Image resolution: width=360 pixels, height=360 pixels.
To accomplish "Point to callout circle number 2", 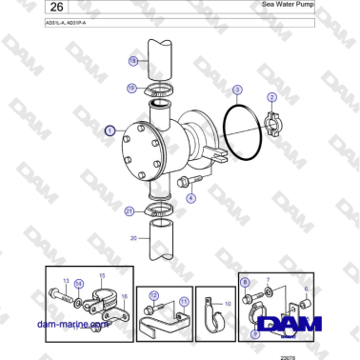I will coord(271,97).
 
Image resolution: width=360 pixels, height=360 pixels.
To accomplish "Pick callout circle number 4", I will coord(191,198).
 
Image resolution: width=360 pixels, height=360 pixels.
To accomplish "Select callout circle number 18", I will coord(132,60).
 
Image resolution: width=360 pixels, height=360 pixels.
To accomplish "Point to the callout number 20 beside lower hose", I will coord(133,237).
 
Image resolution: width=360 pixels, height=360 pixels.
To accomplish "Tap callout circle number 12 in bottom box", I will coord(151,295).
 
